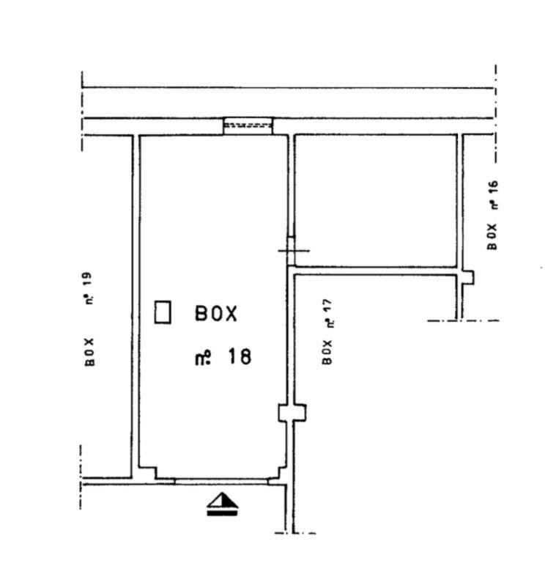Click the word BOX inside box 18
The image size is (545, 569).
pyautogui.click(x=216, y=314)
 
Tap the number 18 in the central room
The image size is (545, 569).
pyautogui.click(x=240, y=356)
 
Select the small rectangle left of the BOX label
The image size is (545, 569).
pyautogui.click(x=163, y=312)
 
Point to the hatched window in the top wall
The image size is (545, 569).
pyautogui.click(x=248, y=126)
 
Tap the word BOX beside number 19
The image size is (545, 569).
pyautogui.click(x=89, y=353)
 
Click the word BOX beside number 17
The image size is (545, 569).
pyautogui.click(x=327, y=352)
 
